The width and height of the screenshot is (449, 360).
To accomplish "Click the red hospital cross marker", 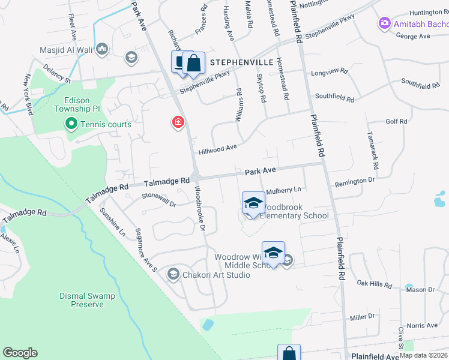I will coord(178,122).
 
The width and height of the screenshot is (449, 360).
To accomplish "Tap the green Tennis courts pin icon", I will coord(71,124).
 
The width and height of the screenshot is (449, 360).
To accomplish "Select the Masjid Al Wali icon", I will coord(101,49).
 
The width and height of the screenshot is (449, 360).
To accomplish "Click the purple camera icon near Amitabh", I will coord(384,23).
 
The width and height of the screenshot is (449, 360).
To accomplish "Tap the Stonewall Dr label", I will coord(158,200).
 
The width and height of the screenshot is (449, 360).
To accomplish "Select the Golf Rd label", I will coord(396,121).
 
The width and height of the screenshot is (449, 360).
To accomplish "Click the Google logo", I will coord(20,353).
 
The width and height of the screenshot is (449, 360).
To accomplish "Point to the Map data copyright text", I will coord(424,355).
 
